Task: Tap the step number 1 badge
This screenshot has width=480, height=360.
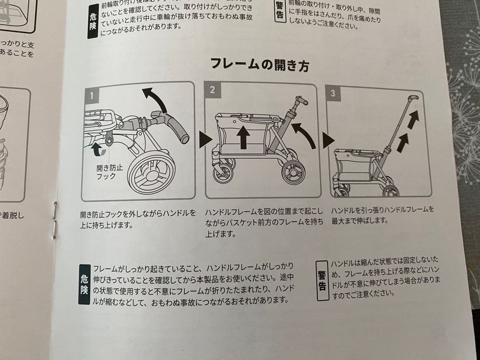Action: (92, 95)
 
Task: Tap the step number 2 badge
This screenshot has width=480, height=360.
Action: (212, 90)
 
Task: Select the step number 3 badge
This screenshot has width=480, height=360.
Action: (333, 93)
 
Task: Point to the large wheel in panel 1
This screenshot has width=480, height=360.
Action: (152, 172)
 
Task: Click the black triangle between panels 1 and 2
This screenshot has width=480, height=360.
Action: (204, 140)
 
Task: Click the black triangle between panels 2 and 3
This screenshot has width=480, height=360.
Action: (328, 141)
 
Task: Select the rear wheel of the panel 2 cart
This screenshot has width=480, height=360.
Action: (293, 172)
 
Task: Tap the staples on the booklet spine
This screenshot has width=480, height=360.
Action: (55, 220)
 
